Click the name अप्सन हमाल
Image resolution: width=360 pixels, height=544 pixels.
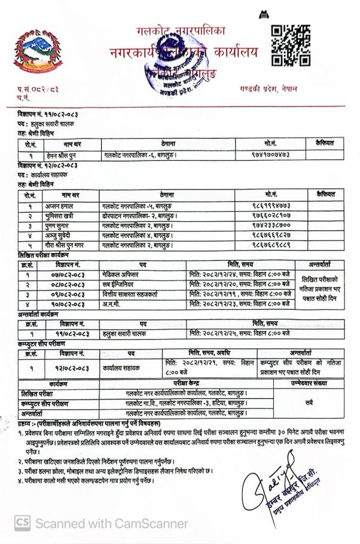coord(61,204)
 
